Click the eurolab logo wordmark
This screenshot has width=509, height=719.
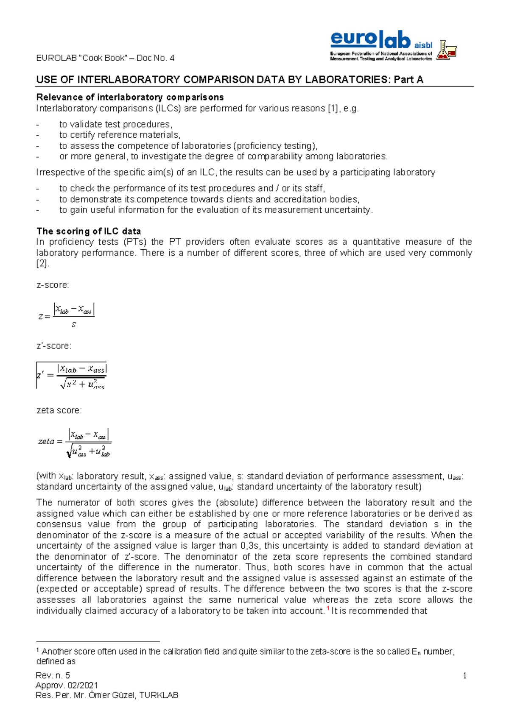370,40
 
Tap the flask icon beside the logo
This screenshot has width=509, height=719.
446,50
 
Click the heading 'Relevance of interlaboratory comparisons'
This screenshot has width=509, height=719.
130,97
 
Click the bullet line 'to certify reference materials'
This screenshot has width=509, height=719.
120,135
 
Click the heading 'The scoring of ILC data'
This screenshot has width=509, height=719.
89,231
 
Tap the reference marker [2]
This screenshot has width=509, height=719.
42,264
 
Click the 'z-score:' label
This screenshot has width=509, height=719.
53,285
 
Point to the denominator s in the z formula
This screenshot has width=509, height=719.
74,325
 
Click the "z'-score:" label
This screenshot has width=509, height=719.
54,346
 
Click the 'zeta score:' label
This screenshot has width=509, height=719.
59,410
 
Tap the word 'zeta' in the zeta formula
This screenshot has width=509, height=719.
46,442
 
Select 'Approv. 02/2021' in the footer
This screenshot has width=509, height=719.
67,686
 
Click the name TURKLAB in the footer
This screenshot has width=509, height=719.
159,695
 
